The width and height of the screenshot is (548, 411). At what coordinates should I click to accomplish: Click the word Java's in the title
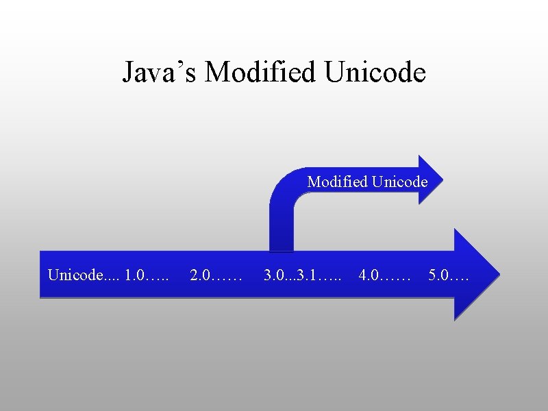click(x=160, y=72)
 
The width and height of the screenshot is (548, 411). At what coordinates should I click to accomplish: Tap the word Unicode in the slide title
click(x=375, y=71)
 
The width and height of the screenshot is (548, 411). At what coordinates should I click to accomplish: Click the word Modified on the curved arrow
click(x=338, y=182)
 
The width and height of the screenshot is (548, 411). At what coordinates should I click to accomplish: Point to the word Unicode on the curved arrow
click(x=399, y=182)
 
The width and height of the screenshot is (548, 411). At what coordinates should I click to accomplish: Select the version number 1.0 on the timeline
click(x=136, y=276)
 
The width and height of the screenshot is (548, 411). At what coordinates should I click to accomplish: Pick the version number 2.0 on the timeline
click(x=200, y=276)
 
